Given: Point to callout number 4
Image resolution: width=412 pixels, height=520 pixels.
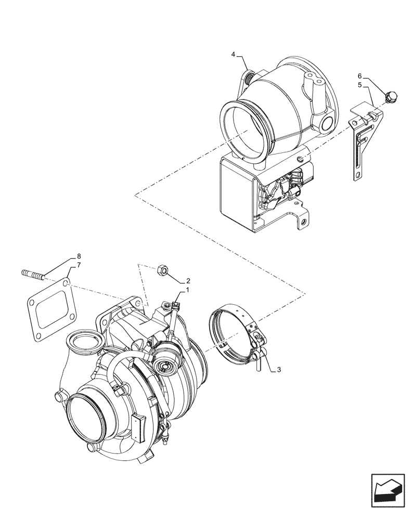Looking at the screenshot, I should [234, 54].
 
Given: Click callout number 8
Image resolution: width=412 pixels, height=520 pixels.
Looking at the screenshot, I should [79, 256].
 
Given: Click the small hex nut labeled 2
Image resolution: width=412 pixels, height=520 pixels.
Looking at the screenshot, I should [162, 269].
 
